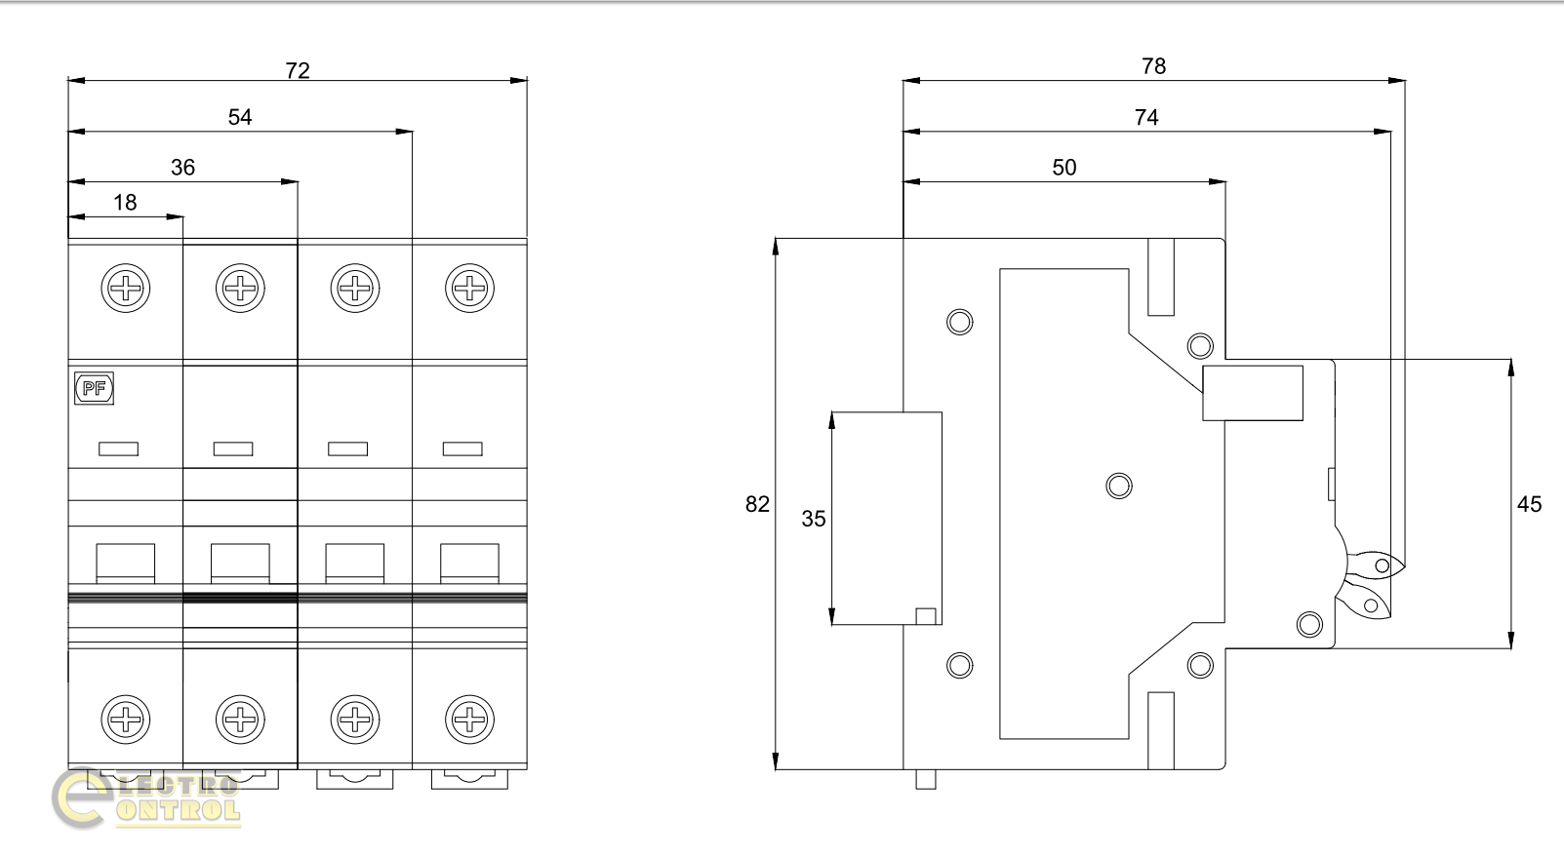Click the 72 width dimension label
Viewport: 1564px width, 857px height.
(298, 70)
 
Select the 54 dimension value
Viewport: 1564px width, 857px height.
(240, 117)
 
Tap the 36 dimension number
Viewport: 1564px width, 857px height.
(182, 168)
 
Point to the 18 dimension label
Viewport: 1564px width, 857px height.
(125, 203)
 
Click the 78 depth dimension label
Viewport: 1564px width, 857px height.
(1153, 66)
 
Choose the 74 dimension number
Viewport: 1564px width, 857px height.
(1146, 117)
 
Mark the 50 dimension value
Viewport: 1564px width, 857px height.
(1064, 168)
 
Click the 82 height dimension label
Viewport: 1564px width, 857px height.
(757, 504)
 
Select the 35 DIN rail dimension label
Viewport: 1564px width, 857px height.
(814, 519)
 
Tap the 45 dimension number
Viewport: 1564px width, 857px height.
(1530, 504)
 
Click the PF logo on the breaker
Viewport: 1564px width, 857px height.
(95, 389)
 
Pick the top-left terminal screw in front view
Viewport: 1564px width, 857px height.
(125, 289)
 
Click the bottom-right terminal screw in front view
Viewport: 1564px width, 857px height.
(469, 720)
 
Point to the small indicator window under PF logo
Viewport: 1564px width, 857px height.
(118, 448)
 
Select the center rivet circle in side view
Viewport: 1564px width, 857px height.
(1119, 485)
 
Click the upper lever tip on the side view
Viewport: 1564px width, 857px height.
(1380, 565)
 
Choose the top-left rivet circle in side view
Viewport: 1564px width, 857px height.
(960, 322)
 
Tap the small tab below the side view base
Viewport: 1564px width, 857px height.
(925, 779)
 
